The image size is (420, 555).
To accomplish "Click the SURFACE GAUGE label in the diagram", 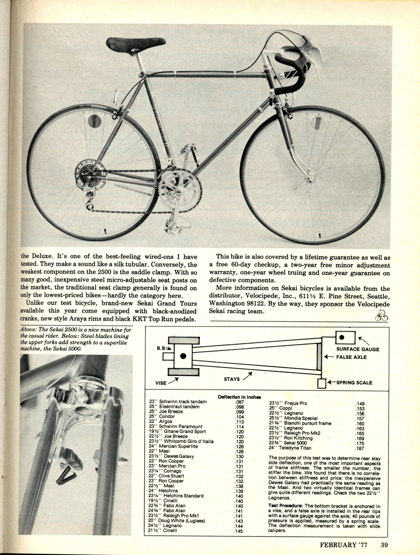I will tap(358, 349).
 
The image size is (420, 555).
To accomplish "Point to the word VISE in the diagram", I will tap(161, 383).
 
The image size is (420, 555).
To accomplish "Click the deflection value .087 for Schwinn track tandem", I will tap(239, 402).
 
